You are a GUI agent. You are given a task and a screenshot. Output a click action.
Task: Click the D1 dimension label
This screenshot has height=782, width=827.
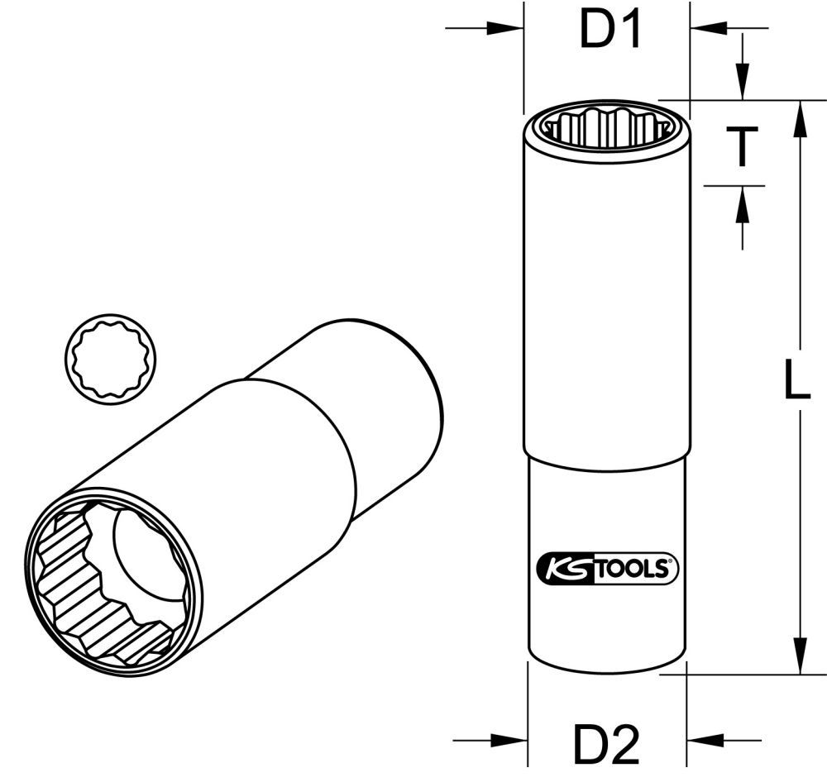tap(609, 31)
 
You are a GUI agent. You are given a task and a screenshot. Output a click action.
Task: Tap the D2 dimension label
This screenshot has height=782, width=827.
tap(608, 745)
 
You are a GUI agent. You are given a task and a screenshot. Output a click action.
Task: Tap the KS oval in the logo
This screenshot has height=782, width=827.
tap(564, 569)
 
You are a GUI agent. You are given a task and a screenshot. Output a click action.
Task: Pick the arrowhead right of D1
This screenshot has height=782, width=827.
tap(708, 29)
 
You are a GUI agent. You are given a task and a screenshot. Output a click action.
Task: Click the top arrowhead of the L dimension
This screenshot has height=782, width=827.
tap(799, 116)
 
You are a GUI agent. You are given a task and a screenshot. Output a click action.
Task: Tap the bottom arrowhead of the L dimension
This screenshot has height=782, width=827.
tap(799, 656)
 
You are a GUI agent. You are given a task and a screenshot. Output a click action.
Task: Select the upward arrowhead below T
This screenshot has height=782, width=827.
tap(743, 203)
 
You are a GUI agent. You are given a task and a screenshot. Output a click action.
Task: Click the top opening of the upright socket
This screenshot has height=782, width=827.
tap(606, 127)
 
